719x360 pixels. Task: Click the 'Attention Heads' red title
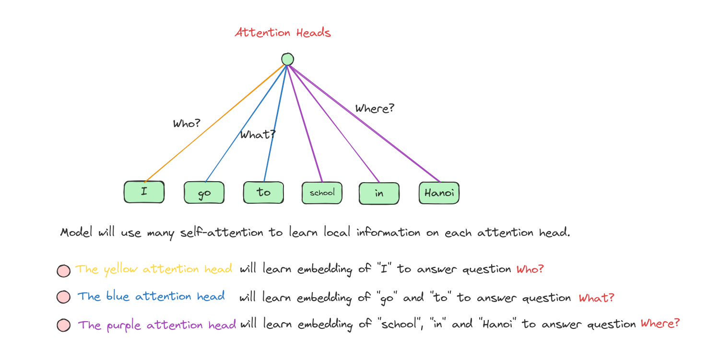(x=283, y=33)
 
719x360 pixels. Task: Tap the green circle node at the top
(x=288, y=59)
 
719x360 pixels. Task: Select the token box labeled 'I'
(x=144, y=192)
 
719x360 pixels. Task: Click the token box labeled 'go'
(x=204, y=193)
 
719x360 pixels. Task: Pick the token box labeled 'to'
(x=263, y=193)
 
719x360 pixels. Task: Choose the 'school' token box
(x=322, y=193)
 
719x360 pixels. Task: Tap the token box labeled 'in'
(x=379, y=194)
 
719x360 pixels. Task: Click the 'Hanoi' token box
(x=439, y=193)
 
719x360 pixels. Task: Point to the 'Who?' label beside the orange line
(x=187, y=123)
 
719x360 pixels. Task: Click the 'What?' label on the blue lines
(x=258, y=134)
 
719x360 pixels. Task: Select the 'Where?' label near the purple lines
(x=375, y=108)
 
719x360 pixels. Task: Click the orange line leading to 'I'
(x=214, y=123)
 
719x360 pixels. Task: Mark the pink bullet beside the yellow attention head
(x=64, y=271)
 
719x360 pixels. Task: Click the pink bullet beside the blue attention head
(x=64, y=297)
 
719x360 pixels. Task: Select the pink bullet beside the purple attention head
(x=64, y=325)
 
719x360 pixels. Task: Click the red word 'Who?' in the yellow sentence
(x=530, y=269)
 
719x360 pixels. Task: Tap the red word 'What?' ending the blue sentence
(x=597, y=298)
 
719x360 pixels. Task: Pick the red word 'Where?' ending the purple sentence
(x=660, y=323)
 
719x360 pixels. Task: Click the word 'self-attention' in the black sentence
(x=222, y=232)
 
